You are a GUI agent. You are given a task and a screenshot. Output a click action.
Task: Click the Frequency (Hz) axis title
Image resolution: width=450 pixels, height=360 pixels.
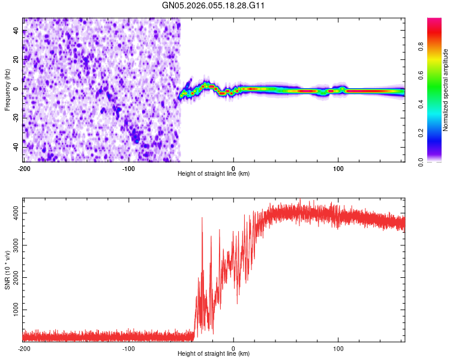tap(7, 90)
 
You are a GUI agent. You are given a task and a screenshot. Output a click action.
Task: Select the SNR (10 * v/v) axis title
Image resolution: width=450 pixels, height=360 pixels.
tap(7, 270)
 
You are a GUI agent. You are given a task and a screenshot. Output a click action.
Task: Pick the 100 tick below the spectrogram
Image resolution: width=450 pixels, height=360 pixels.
tap(338, 168)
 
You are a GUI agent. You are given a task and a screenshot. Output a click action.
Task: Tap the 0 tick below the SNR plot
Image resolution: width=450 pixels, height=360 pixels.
tap(233, 349)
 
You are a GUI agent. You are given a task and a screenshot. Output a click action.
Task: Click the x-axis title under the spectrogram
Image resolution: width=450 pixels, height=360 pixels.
tap(214, 174)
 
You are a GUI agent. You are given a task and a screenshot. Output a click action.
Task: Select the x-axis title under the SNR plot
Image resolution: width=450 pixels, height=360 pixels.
tap(214, 355)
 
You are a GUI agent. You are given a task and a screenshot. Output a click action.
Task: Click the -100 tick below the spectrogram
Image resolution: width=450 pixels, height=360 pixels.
tap(128, 168)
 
